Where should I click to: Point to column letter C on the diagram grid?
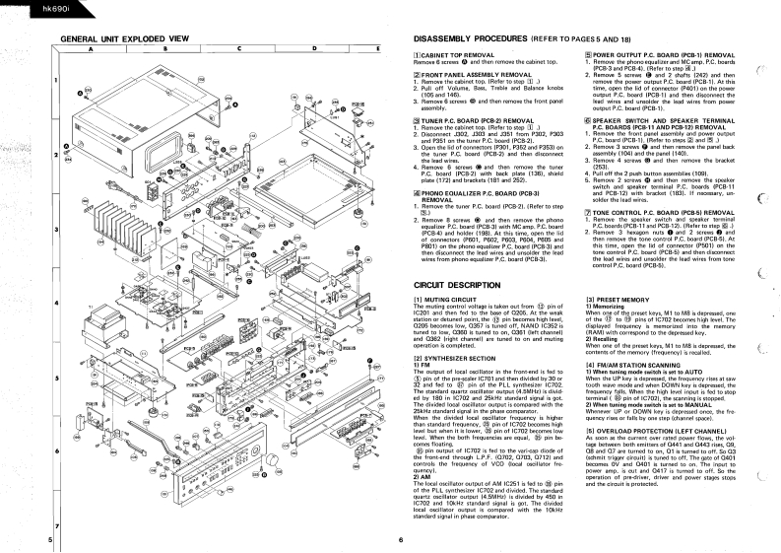click(x=239, y=47)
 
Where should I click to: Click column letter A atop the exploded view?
click(x=91, y=47)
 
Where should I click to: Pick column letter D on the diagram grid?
click(x=315, y=47)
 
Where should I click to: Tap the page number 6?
click(x=402, y=540)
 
